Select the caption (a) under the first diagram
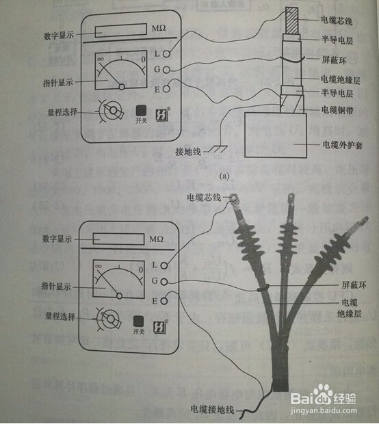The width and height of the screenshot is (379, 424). coord(222,175)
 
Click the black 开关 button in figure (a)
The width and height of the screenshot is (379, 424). coord(140,110)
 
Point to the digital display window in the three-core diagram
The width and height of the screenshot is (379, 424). coord(118,239)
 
